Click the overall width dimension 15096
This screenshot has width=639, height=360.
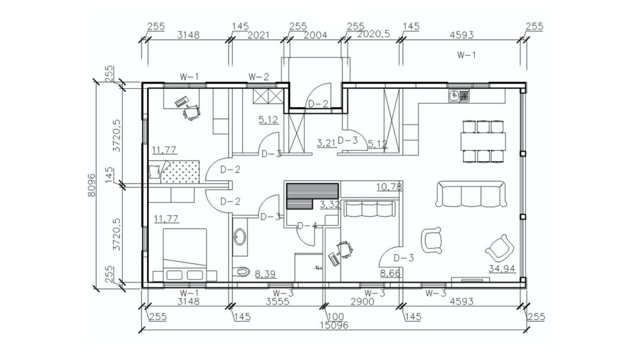(334, 325)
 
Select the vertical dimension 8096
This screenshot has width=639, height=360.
(91, 185)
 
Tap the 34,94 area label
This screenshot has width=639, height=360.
(502, 269)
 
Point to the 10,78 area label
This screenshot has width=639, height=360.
(389, 187)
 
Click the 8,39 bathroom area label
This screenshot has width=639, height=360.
(265, 274)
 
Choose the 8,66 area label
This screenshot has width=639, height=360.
(390, 273)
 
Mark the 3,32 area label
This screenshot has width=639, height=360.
(329, 204)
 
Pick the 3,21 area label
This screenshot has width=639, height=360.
(327, 143)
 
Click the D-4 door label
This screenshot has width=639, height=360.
(307, 226)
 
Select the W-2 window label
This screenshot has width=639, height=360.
(259, 77)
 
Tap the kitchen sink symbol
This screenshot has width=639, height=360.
(459, 96)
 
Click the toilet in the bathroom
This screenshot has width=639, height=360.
(242, 271)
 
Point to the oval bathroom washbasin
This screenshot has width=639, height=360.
(240, 237)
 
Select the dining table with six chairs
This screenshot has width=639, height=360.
(483, 141)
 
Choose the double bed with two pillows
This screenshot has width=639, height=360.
(185, 254)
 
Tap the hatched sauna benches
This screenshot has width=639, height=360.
(312, 196)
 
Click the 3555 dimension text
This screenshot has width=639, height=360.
(277, 302)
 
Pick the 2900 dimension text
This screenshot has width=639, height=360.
(363, 302)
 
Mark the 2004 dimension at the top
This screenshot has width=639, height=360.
(316, 35)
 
